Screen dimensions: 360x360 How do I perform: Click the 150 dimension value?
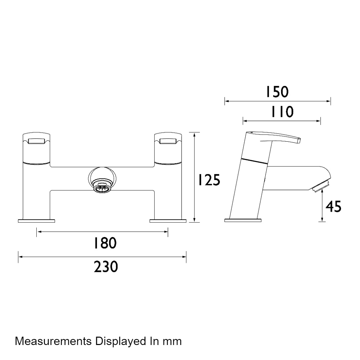coord(277,92)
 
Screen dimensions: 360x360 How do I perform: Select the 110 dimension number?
coord(282,112)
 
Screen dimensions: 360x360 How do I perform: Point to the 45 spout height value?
coord(334,206)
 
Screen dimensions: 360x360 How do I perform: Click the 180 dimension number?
coord(105,243)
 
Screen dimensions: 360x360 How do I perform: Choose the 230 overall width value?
coord(106,267)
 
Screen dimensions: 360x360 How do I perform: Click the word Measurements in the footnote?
coord(53,341)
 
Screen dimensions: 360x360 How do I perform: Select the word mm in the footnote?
coord(172,342)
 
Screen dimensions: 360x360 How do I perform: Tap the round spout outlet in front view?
coord(102,180)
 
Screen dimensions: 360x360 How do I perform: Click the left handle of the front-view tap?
coord(36,148)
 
